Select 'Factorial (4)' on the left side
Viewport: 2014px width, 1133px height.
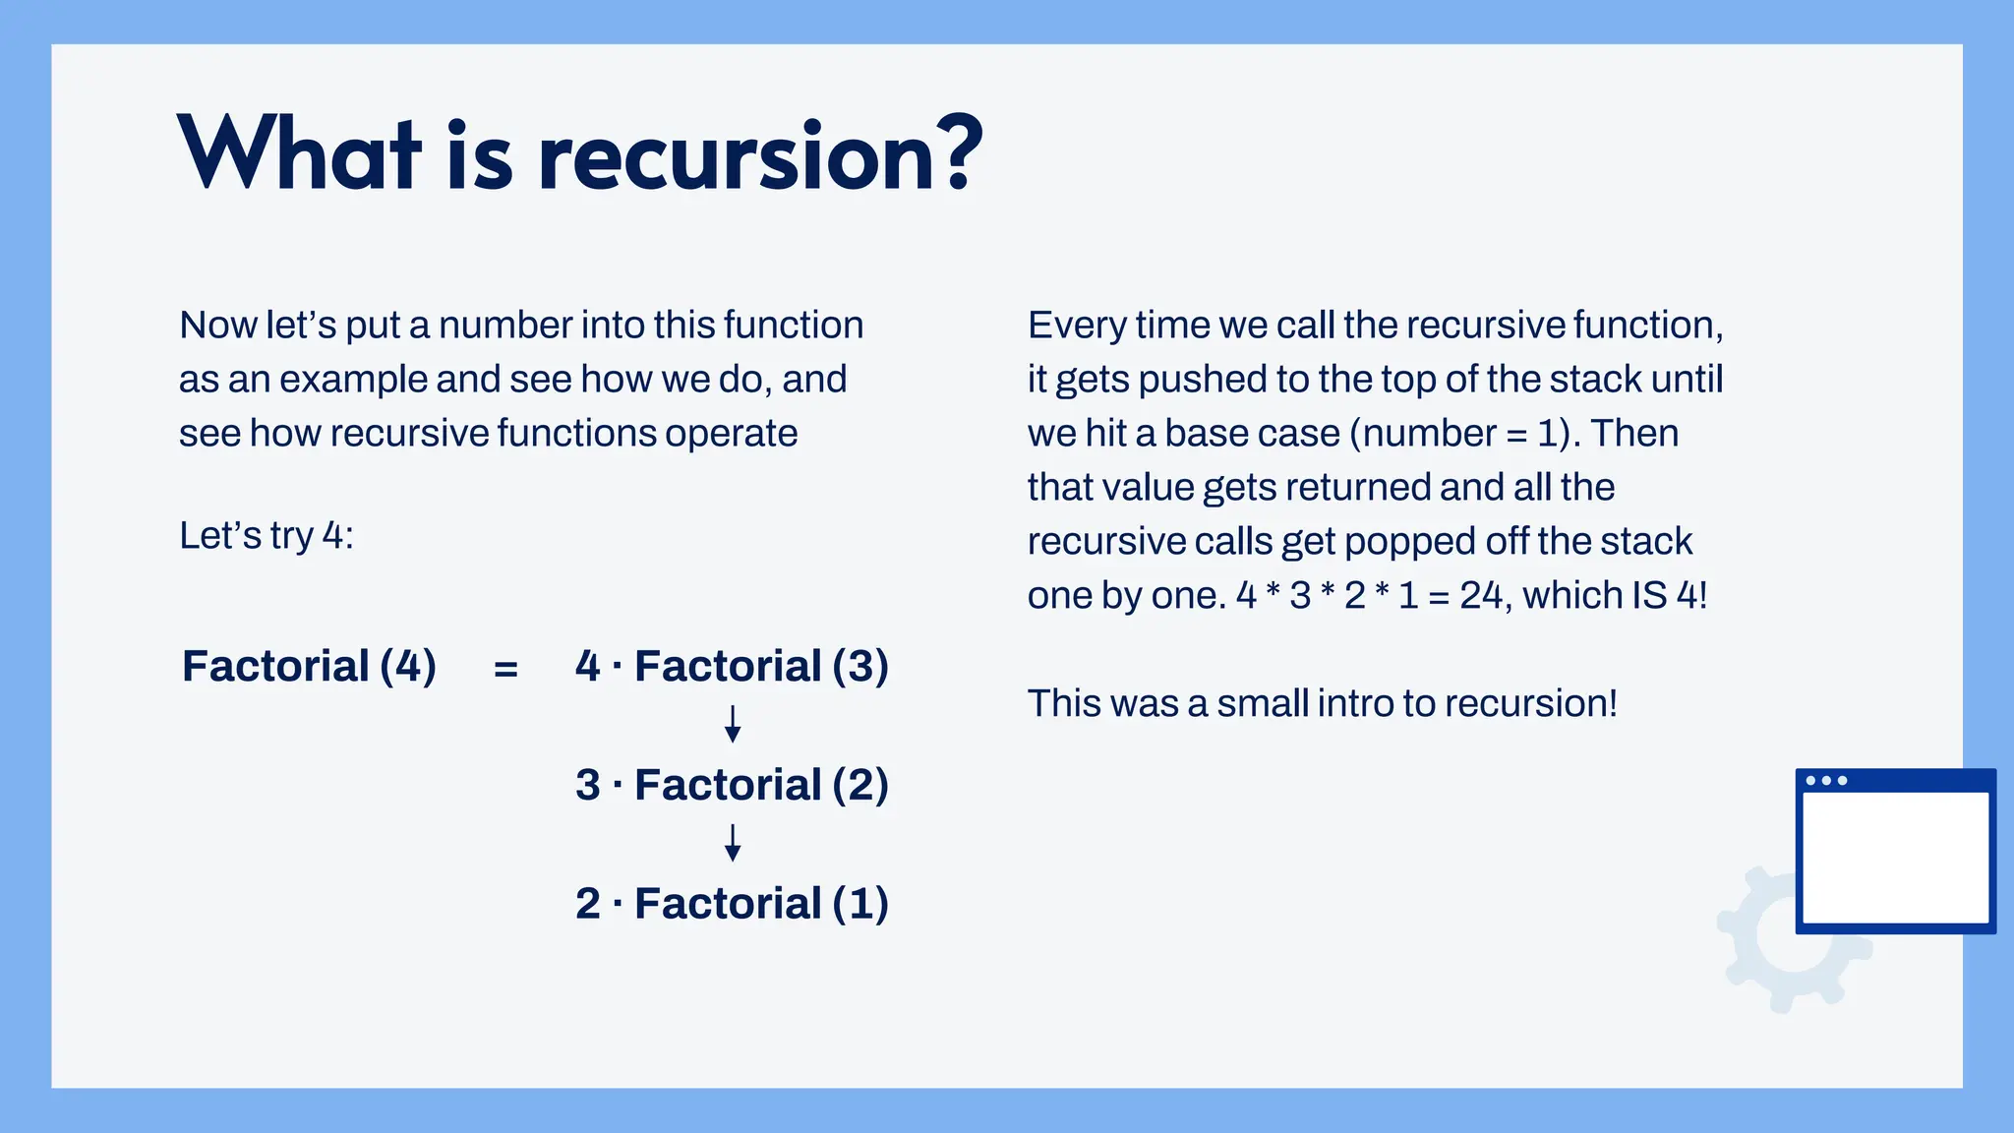(309, 666)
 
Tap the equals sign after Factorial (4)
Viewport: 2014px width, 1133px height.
(505, 669)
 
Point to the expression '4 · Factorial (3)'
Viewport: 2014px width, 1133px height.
(732, 666)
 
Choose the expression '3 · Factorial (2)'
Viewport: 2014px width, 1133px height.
(732, 785)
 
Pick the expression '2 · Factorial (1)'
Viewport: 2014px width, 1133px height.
(732, 903)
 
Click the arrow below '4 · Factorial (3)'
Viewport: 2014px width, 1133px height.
(733, 724)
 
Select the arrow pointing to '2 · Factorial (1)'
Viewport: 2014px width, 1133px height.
(733, 843)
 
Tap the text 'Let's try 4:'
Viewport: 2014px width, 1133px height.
(266, 536)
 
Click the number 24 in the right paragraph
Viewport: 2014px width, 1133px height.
(1481, 595)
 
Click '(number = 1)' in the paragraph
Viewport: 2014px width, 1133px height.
(1461, 434)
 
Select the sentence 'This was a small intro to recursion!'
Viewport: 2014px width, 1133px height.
(1322, 703)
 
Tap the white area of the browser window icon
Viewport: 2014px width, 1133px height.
(1894, 858)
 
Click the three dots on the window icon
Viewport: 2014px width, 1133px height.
(1826, 781)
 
